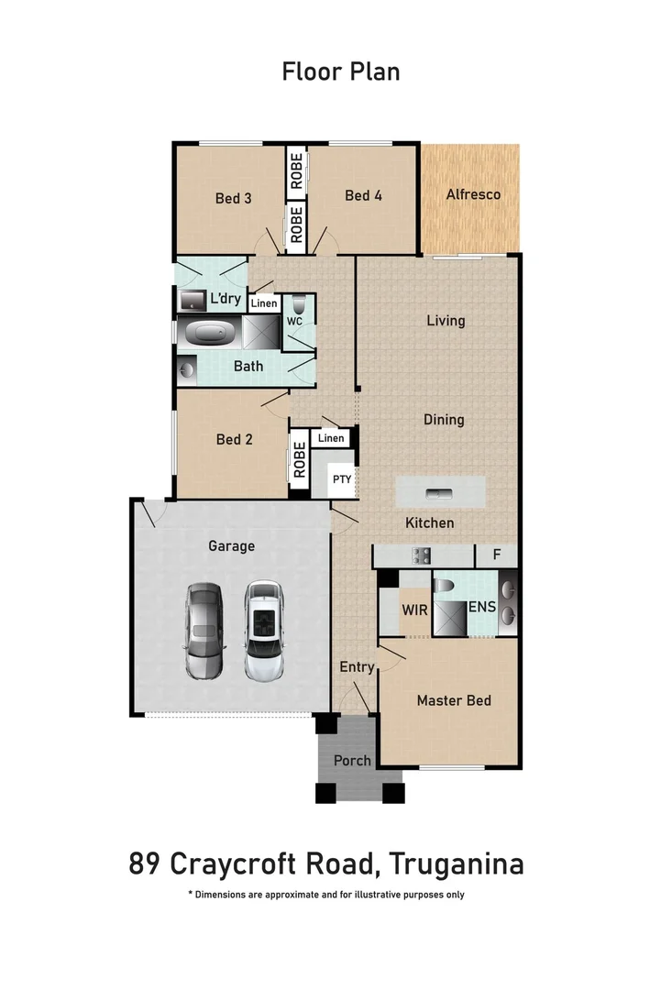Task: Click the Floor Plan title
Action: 340,71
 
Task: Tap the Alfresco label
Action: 472,194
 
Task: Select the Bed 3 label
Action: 234,198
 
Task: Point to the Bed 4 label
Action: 363,195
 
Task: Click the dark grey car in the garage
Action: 204,632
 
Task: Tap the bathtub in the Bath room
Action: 212,333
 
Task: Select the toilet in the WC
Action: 299,305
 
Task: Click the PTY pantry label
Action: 342,478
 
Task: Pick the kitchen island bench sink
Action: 442,493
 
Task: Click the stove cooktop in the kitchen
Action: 422,555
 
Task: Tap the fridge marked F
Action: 497,555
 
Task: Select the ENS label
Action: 482,607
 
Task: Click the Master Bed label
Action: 454,700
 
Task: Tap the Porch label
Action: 352,760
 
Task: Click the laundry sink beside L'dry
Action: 193,301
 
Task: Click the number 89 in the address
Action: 144,864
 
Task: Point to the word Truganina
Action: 456,864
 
